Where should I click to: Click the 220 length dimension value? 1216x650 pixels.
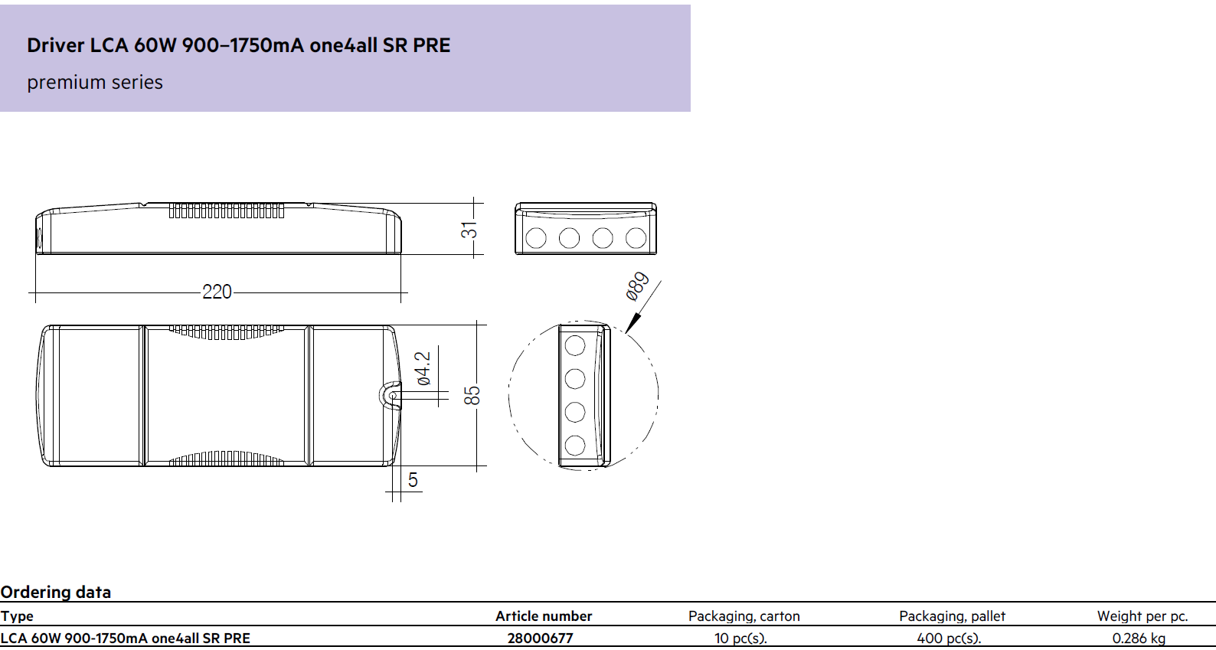(x=217, y=292)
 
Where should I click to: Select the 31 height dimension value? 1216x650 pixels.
(x=469, y=230)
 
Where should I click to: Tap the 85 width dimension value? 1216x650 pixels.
(x=472, y=395)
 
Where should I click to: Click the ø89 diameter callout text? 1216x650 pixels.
(x=637, y=286)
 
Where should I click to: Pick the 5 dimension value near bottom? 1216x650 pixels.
(x=413, y=480)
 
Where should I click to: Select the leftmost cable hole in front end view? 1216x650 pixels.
(x=536, y=237)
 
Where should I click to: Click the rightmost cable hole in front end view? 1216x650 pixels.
(x=636, y=237)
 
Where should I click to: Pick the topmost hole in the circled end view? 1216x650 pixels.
(x=575, y=345)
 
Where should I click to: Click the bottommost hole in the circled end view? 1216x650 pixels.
(x=575, y=446)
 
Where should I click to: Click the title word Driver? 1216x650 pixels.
(x=55, y=45)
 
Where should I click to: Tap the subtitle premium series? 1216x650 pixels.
(x=95, y=83)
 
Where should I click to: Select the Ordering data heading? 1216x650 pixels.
(x=55, y=592)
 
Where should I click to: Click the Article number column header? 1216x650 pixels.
(x=544, y=616)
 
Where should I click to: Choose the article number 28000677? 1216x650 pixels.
(x=540, y=639)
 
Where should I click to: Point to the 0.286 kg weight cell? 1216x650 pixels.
(x=1139, y=639)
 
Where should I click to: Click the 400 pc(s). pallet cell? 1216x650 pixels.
(x=949, y=639)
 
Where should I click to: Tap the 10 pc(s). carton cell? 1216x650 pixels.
(x=740, y=639)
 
